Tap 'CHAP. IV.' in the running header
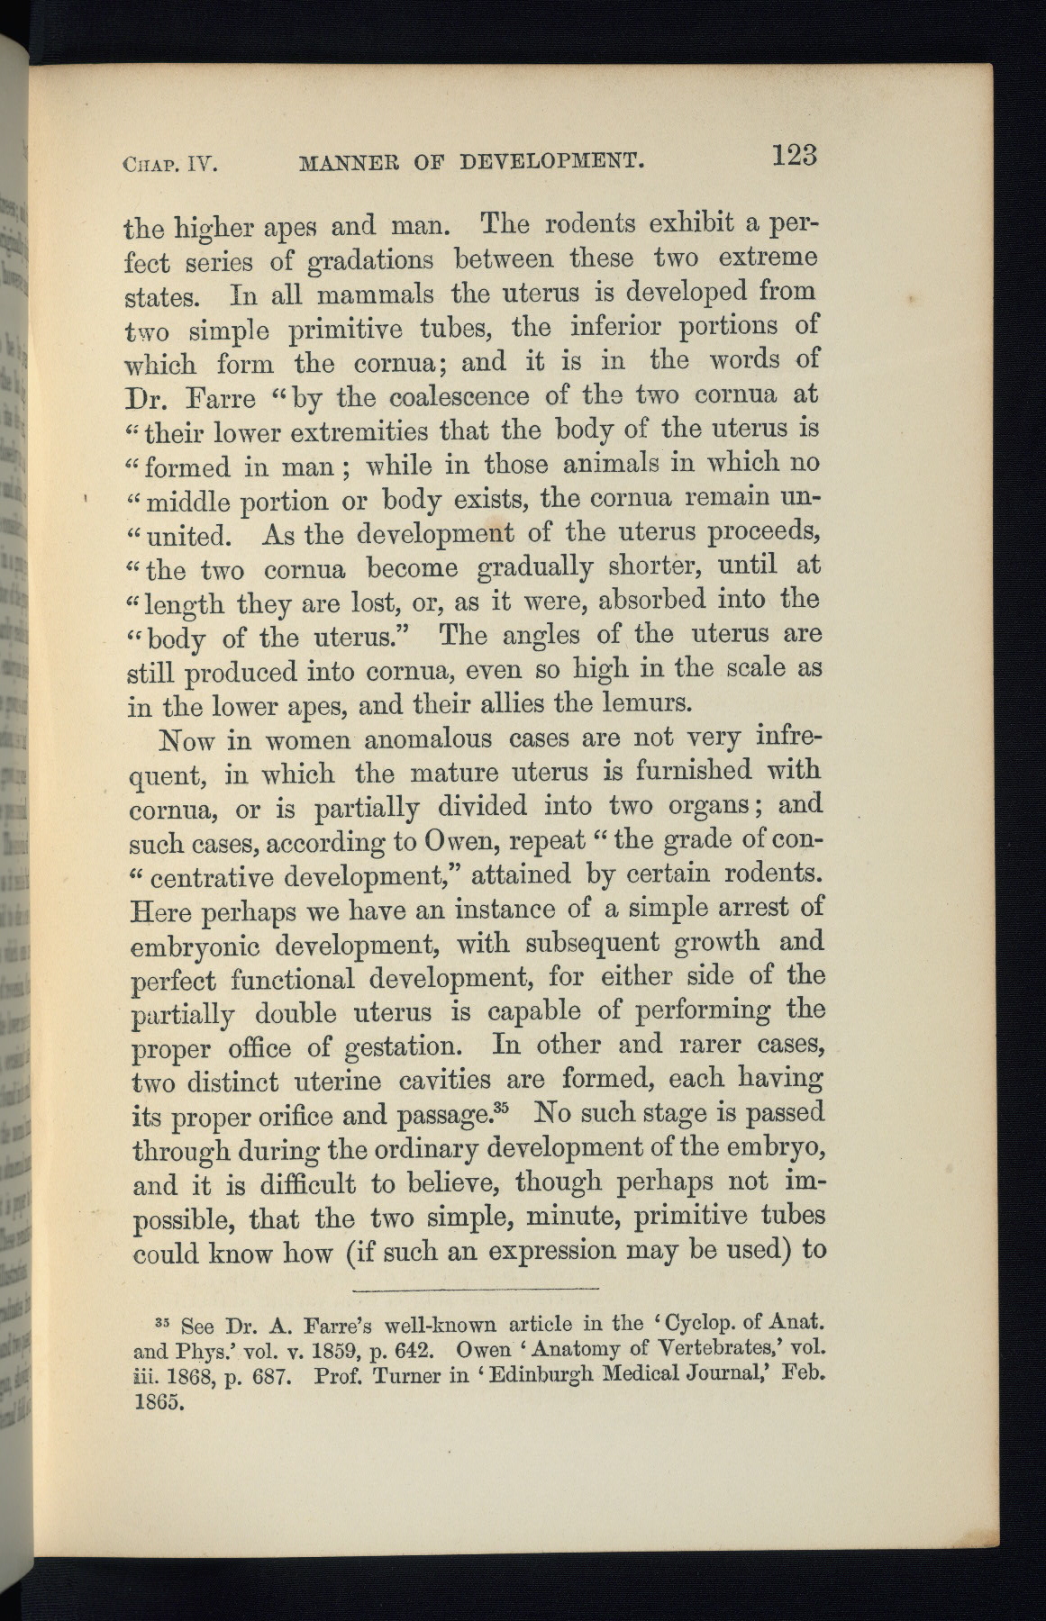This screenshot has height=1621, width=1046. pos(172,165)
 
